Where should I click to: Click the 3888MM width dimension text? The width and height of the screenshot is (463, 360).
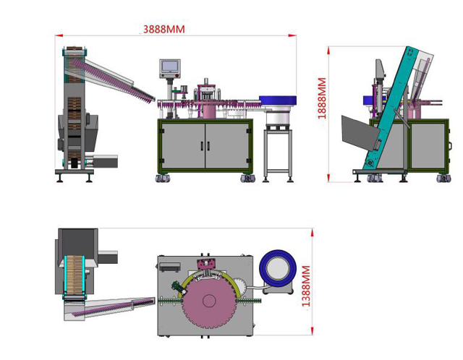click(164, 29)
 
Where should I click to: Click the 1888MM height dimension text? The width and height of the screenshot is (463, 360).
click(322, 99)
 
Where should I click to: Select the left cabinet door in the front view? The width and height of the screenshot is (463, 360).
click(183, 146)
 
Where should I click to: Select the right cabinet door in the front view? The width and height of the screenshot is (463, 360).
click(226, 146)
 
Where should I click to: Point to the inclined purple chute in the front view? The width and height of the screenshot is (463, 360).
click(116, 80)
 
